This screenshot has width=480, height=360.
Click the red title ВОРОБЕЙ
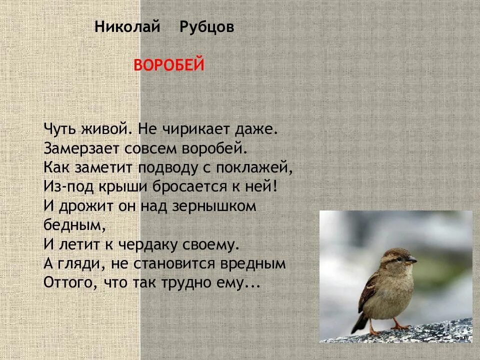point(169,65)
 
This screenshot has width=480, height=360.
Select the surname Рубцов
point(206,27)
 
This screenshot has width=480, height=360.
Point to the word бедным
point(74,224)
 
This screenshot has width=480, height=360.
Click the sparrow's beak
point(411,260)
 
